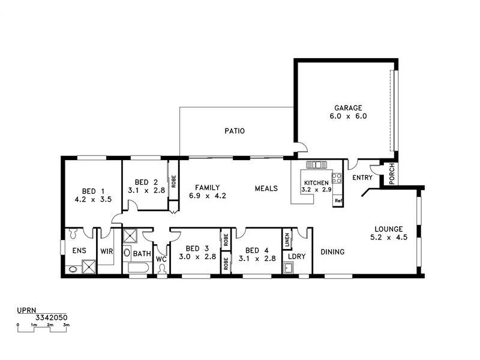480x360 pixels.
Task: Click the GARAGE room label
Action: click(x=348, y=109)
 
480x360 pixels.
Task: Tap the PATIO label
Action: click(x=235, y=131)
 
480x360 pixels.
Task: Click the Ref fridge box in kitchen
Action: click(x=338, y=201)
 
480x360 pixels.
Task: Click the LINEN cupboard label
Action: click(x=287, y=241)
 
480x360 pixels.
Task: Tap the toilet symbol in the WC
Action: click(x=161, y=269)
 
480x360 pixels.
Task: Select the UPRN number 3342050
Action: click(x=51, y=317)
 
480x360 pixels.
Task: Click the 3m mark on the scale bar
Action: click(x=67, y=325)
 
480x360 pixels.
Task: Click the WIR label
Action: click(x=107, y=252)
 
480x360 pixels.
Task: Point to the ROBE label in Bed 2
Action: click(x=173, y=181)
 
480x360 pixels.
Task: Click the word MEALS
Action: click(x=266, y=188)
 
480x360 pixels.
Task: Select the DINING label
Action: click(x=332, y=252)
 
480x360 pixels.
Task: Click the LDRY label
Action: click(x=297, y=256)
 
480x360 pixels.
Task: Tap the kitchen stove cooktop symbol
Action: click(x=337, y=178)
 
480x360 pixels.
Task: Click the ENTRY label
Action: click(x=362, y=178)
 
